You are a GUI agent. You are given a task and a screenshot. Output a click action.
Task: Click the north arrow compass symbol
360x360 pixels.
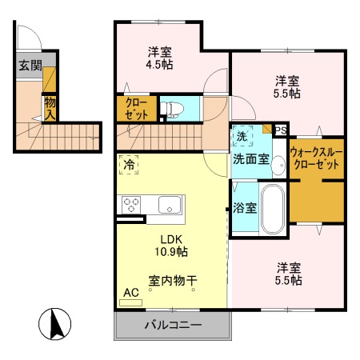pyautogui.click(x=57, y=324)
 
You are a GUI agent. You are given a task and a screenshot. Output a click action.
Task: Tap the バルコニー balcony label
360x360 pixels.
pyautogui.click(x=173, y=326)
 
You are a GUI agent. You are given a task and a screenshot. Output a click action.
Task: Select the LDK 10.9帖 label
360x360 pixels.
pyautogui.click(x=172, y=245)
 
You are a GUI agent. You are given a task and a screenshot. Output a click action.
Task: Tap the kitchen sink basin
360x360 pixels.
pyautogui.click(x=171, y=205)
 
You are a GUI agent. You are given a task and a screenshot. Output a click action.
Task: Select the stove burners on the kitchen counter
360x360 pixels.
pyautogui.click(x=130, y=205)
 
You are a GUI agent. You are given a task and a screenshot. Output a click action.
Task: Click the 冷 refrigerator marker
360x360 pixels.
pyautogui.click(x=129, y=165)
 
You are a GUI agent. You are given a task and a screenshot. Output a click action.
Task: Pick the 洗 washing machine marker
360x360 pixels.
pyautogui.click(x=241, y=137)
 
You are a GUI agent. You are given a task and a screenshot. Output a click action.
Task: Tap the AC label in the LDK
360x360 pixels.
pyautogui.click(x=130, y=294)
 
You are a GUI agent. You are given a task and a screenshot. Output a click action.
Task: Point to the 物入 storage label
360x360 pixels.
pyautogui.click(x=50, y=107)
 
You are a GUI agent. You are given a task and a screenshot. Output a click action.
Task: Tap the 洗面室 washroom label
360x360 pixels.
pyautogui.click(x=250, y=158)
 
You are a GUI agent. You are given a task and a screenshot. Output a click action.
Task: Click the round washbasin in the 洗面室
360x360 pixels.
pyautogui.click(x=277, y=166)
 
